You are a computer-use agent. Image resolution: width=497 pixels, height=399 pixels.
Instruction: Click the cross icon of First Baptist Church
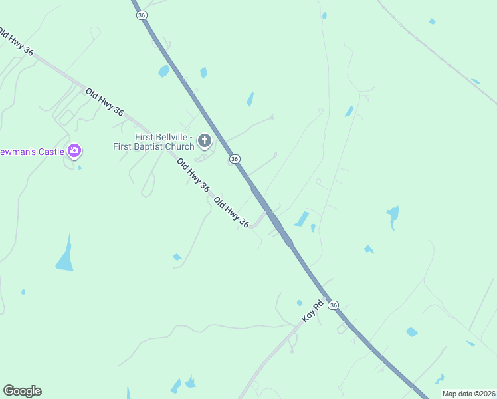[x=205, y=140]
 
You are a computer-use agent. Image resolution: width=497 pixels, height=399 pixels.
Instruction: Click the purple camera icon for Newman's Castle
[x=74, y=151]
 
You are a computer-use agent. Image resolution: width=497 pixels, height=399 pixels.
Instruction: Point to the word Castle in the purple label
[x=50, y=152]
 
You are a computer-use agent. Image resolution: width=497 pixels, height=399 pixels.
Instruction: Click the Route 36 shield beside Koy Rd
[x=334, y=305]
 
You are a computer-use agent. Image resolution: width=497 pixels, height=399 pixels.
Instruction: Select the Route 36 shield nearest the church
[x=235, y=159]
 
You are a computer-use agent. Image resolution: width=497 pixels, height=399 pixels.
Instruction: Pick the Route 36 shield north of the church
[x=141, y=15]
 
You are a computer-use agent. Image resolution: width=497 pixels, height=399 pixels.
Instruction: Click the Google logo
[x=22, y=391]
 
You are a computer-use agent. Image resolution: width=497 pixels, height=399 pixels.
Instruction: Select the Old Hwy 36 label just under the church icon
[x=193, y=174]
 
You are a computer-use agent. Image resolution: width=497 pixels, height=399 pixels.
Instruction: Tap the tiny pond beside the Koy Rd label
[x=299, y=303]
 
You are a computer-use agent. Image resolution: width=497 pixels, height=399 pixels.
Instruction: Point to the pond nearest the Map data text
[x=439, y=379]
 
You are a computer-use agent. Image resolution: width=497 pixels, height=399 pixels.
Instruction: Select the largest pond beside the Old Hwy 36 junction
[x=302, y=219]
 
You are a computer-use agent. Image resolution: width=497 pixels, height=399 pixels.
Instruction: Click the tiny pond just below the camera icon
[x=79, y=167]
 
